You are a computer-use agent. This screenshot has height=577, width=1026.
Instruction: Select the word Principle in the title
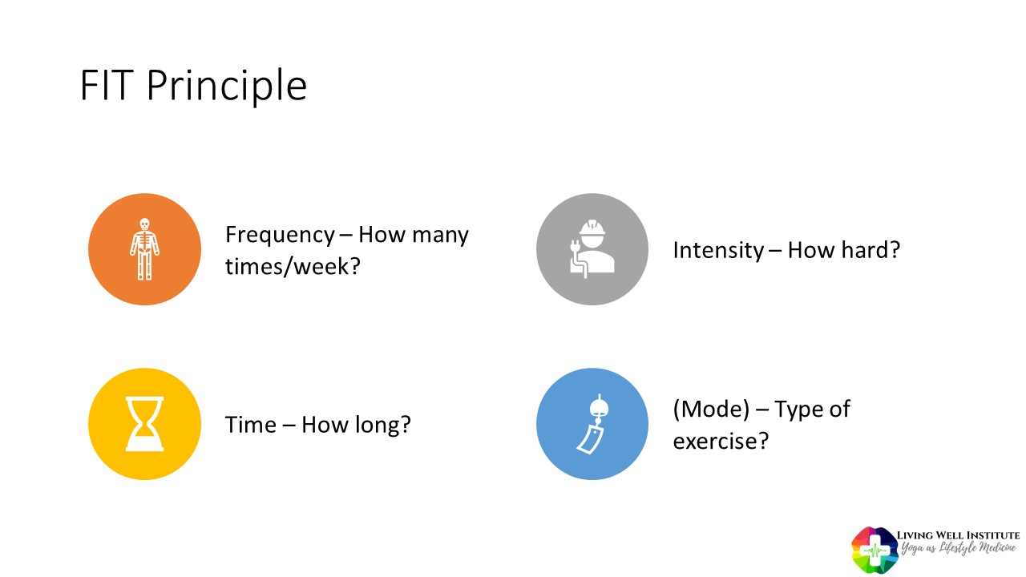click(227, 88)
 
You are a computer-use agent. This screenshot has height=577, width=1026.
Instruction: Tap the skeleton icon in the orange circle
click(144, 249)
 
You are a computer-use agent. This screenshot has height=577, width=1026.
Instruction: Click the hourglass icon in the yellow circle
click(144, 424)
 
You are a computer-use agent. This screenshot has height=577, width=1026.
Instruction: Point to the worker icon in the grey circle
click(592, 248)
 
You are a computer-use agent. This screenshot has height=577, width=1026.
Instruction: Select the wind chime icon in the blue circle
click(594, 424)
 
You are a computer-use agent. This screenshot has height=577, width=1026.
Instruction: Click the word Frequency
click(280, 236)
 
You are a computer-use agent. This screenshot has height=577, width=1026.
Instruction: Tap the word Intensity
click(718, 251)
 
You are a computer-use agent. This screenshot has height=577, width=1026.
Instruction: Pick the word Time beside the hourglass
click(251, 425)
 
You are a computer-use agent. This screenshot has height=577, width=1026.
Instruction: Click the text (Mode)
click(711, 409)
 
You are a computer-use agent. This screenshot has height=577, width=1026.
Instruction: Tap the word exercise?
click(721, 442)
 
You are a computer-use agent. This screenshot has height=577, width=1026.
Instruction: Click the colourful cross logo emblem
click(874, 550)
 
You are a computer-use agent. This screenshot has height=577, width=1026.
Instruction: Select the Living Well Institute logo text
click(958, 535)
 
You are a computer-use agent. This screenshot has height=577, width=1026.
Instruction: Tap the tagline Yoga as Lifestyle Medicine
click(958, 547)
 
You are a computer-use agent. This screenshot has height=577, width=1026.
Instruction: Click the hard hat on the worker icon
click(592, 228)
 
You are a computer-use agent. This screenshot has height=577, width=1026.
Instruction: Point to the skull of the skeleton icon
click(144, 224)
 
